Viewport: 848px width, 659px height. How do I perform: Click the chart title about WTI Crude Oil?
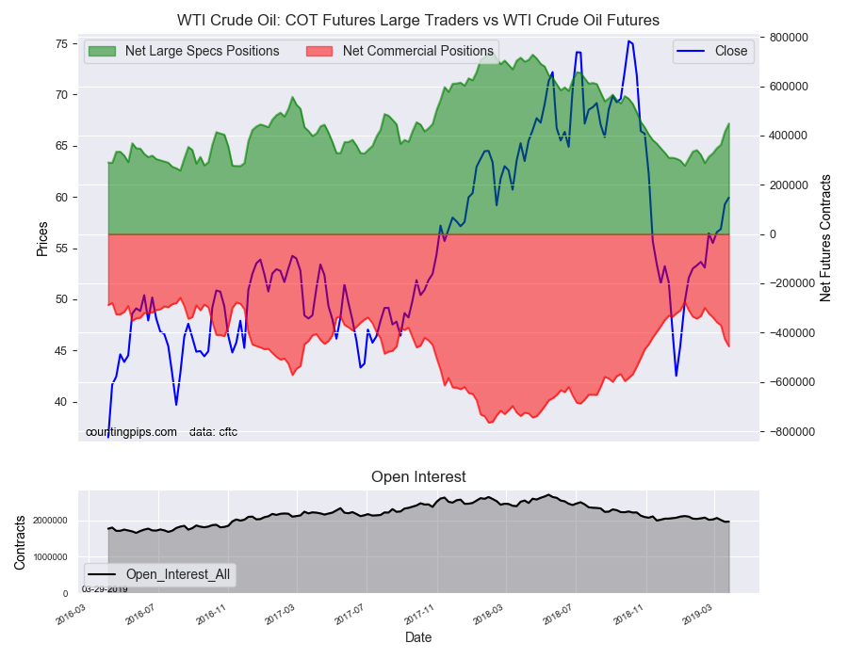coord(418,21)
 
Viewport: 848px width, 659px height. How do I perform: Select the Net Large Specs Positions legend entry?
coord(184,52)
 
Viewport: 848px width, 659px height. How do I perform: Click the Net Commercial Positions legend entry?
coord(400,52)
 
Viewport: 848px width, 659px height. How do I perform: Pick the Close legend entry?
coord(713,52)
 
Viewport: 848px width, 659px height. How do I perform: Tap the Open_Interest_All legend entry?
coord(159,574)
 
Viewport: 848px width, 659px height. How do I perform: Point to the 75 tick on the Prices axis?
coord(61,43)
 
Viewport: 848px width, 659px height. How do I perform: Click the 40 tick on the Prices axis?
coord(61,402)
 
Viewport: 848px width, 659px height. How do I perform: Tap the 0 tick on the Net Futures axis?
coord(773,234)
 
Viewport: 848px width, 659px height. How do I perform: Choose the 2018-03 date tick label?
coord(488,615)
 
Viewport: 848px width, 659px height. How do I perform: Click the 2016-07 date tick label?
coord(140,615)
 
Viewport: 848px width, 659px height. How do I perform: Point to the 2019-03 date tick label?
coord(697,615)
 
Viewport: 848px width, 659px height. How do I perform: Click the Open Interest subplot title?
coord(418,477)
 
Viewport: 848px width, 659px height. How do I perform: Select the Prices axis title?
coord(42,239)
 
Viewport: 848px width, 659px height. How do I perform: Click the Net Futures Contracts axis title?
coord(825,238)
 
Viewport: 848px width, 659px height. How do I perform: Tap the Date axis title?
coord(418,637)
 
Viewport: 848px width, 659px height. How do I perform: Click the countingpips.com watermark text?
coord(131,432)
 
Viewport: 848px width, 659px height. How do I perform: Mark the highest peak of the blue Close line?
coord(628,41)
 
